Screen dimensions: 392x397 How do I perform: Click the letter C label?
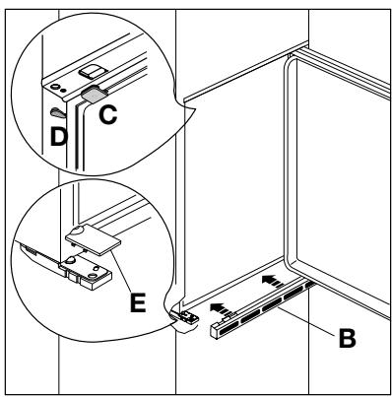[108, 115]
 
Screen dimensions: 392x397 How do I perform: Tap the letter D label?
[59, 137]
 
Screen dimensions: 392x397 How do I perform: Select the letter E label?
[138, 302]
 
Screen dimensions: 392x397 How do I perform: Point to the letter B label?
[347, 338]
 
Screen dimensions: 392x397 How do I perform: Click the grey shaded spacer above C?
[95, 95]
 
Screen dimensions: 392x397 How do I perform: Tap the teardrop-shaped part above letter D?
[58, 112]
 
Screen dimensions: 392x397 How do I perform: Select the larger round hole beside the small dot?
[55, 87]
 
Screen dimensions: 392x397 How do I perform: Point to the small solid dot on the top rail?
[64, 91]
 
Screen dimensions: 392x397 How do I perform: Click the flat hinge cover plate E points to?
[94, 239]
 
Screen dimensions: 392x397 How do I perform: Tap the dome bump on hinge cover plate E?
[78, 230]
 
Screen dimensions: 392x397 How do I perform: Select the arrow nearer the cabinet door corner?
[273, 281]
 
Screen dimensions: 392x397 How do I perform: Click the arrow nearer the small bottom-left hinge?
[222, 308]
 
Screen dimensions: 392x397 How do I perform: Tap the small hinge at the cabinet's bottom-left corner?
[184, 317]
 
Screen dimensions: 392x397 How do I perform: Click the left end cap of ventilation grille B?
[215, 330]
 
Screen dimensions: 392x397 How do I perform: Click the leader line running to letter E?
[122, 271]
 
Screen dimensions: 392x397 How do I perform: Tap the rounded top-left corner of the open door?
[289, 62]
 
